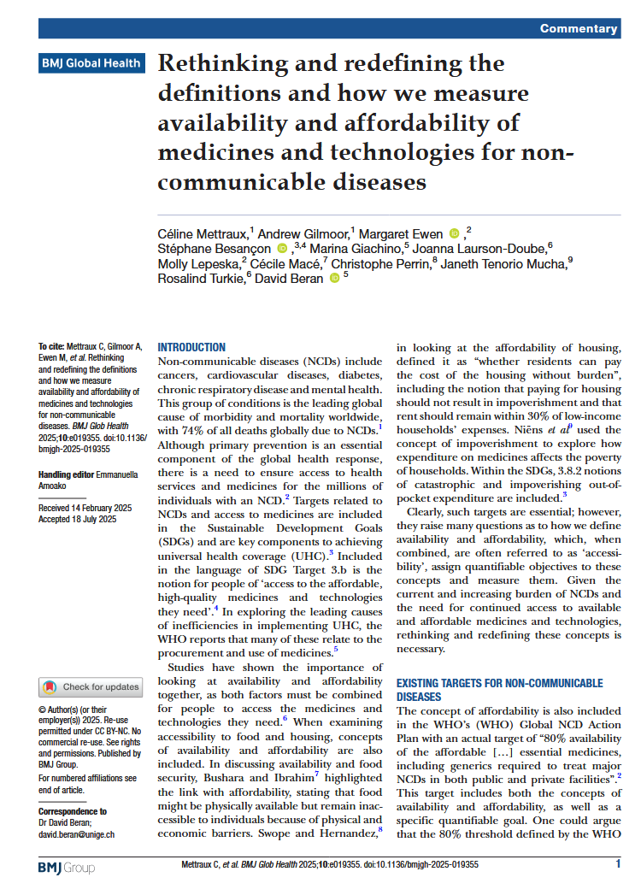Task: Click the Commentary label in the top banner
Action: [579, 29]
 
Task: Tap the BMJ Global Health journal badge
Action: [90, 63]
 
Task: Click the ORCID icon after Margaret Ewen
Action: [453, 233]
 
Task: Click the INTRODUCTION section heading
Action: [192, 348]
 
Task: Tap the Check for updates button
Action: [90, 686]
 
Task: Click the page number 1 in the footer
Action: [618, 865]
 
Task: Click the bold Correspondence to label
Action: [73, 811]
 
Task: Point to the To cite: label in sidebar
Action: [54, 347]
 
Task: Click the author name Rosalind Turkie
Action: [200, 279]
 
